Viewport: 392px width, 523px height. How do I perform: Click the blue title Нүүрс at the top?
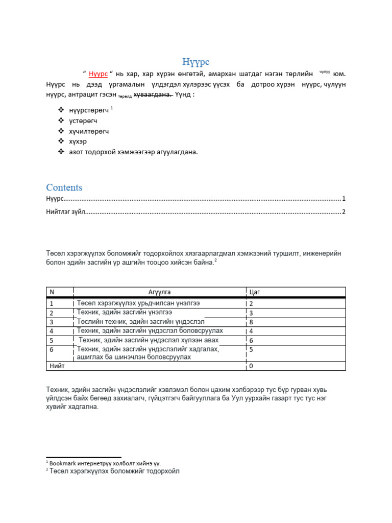(x=196, y=62)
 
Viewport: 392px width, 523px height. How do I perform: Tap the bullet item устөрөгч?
(x=83, y=121)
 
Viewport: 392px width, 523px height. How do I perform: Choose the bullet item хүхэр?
(x=78, y=141)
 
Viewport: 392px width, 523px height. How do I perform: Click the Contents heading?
(x=64, y=187)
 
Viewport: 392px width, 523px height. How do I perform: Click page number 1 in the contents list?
(x=344, y=198)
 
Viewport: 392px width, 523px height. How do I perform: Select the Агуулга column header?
(x=159, y=292)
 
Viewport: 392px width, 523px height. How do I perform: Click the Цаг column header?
(x=255, y=292)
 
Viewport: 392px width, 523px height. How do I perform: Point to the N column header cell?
(x=52, y=292)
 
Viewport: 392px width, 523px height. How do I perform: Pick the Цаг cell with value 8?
(x=251, y=322)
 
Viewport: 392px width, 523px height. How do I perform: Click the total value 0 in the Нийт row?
(x=251, y=366)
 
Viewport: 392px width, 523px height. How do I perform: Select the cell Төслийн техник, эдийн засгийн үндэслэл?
(x=140, y=322)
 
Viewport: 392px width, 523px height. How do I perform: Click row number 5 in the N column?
(x=52, y=340)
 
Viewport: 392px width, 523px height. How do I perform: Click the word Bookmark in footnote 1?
(x=62, y=463)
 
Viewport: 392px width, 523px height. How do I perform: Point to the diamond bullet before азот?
(x=61, y=152)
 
